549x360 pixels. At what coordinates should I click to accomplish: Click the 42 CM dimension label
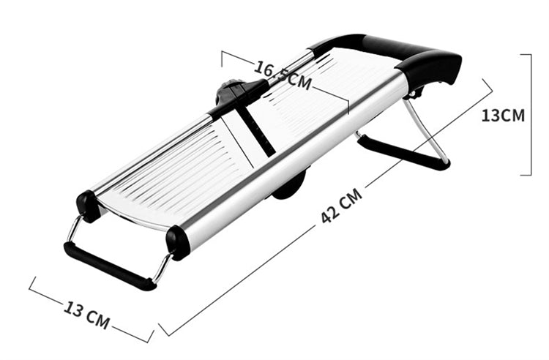point(342,208)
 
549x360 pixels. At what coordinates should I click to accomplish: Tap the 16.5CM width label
point(283,74)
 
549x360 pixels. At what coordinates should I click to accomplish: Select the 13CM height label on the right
point(503,115)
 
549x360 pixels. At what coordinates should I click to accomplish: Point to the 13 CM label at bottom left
point(86,312)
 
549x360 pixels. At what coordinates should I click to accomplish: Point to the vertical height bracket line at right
point(529,114)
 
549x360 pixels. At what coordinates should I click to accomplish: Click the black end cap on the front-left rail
point(89,206)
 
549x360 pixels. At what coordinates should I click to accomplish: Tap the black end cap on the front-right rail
point(178,242)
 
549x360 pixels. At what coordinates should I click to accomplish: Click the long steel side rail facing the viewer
point(293,161)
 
